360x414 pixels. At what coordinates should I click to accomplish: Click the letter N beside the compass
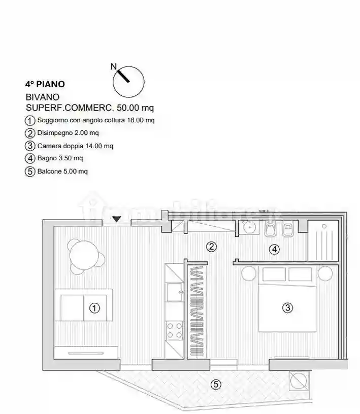click(113, 66)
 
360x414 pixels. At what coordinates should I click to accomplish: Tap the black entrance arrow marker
click(117, 219)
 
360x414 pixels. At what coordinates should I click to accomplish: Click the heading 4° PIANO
click(45, 84)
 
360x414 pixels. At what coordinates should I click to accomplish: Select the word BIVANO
click(42, 97)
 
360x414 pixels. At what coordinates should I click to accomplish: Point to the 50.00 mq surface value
click(135, 108)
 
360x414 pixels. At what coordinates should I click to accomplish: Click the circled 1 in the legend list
click(30, 121)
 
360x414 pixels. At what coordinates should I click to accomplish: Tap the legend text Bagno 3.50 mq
click(60, 158)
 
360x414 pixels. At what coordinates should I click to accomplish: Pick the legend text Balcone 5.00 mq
click(62, 171)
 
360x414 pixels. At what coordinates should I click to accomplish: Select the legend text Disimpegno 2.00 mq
click(68, 133)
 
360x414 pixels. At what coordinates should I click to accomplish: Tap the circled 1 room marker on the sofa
click(94, 308)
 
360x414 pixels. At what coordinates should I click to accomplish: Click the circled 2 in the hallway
click(211, 247)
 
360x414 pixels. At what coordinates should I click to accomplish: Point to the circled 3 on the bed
click(287, 307)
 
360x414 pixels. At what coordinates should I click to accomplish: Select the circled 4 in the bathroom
click(274, 249)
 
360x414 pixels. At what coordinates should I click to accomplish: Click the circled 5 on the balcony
click(216, 384)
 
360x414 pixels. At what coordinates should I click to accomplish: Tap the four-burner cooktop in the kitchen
click(174, 330)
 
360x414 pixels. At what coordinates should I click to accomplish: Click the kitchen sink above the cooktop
click(175, 292)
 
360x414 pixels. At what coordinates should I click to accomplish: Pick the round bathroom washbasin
click(249, 227)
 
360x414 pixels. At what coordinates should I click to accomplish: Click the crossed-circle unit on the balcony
click(299, 381)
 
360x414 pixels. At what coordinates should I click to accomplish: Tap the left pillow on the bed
click(274, 274)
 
